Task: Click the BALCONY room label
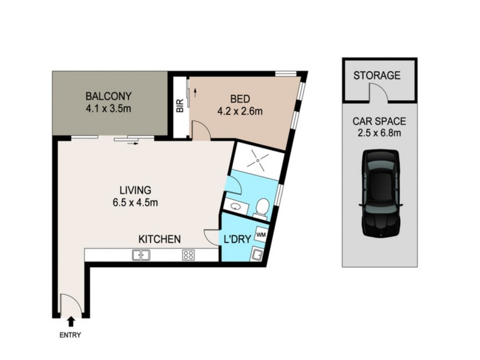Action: pos(108,96)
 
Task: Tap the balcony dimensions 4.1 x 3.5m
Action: pos(108,109)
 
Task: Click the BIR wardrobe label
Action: pos(179,107)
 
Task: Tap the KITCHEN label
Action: pos(160,239)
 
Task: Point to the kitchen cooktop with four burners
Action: pos(188,255)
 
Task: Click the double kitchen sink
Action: pos(142,255)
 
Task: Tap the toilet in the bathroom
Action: pos(261,208)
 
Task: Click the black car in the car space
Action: pos(380,193)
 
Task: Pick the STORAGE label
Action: pos(377,76)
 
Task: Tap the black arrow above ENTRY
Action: pos(71,323)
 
